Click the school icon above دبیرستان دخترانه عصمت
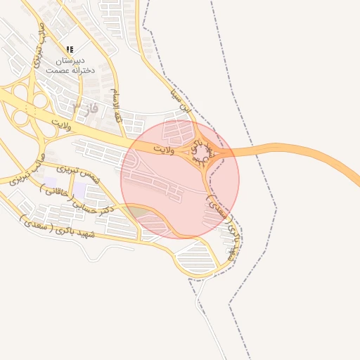pyautogui.click(x=69, y=49)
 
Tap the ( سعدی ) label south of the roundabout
pyautogui.click(x=217, y=205)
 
